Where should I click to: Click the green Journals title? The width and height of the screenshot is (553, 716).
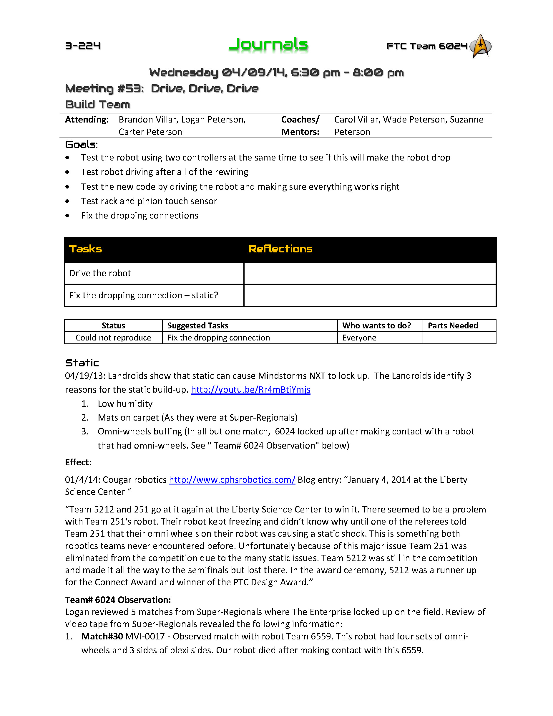[x=268, y=44]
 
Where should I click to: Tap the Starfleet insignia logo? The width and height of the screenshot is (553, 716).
[x=480, y=46]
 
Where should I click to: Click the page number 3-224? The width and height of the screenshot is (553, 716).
[x=83, y=46]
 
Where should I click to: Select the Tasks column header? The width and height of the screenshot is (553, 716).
[x=86, y=249]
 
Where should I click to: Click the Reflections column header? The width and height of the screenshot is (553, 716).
[x=280, y=249]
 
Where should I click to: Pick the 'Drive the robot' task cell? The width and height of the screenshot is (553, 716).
[x=100, y=273]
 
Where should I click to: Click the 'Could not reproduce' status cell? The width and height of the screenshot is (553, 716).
[x=113, y=338]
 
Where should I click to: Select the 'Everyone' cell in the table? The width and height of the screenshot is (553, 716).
[x=359, y=338]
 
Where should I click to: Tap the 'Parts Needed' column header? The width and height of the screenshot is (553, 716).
[x=453, y=325]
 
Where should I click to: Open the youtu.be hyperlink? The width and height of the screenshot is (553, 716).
[x=251, y=389]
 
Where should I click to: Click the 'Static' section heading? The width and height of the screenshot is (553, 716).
[x=82, y=363]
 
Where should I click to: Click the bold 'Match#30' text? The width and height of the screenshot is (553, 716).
[x=102, y=636]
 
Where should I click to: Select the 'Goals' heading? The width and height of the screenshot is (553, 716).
[x=81, y=145]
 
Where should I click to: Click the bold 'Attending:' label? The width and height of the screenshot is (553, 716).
[x=87, y=120]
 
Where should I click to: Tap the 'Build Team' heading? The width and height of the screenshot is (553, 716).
[x=98, y=104]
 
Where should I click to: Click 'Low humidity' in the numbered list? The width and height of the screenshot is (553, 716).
[x=125, y=404]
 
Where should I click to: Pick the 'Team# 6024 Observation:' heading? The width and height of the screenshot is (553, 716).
[x=118, y=600]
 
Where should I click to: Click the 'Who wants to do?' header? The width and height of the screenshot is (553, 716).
[x=376, y=325]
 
